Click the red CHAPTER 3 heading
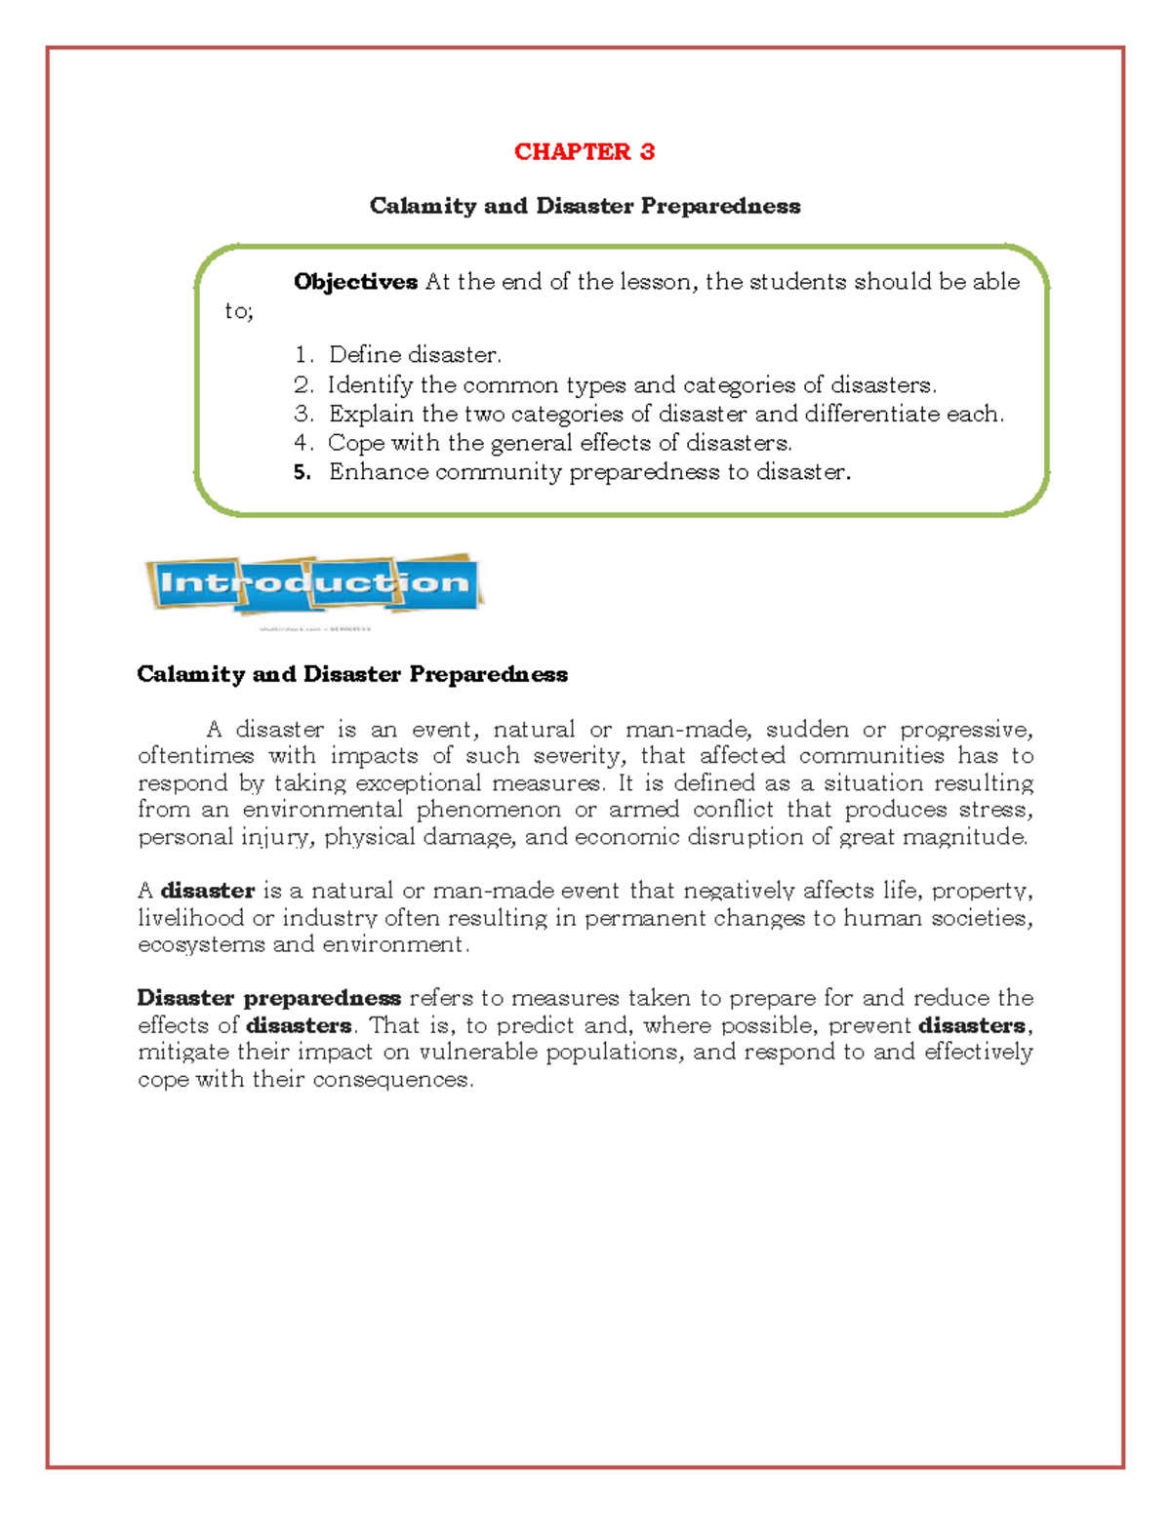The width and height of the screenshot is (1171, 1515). tap(584, 151)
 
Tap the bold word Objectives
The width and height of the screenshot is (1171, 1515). tap(355, 282)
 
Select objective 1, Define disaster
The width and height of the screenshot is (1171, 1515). tap(415, 354)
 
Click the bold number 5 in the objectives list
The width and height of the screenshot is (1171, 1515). tap(302, 472)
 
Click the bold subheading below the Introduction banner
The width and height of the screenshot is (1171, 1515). tap(352, 674)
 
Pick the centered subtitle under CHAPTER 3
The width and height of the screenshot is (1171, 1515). tap(585, 206)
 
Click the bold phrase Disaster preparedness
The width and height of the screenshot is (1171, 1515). tap(269, 998)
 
